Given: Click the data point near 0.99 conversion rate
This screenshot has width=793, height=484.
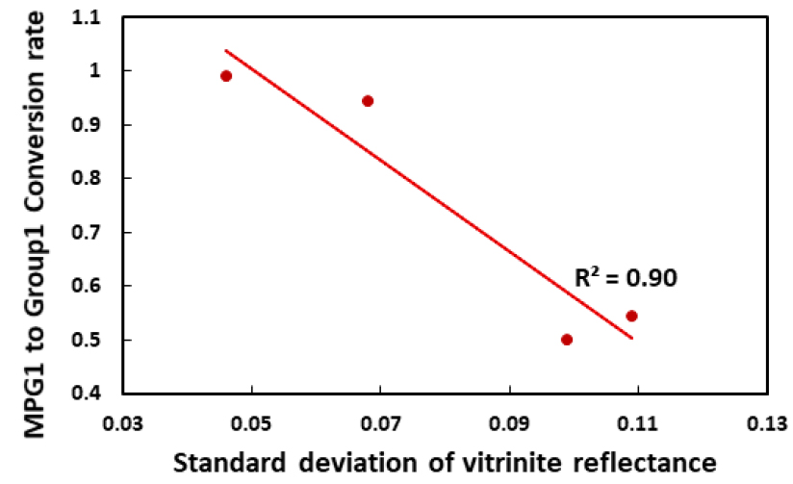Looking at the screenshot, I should click(226, 76).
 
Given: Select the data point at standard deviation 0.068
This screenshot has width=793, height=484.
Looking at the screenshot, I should click(368, 101).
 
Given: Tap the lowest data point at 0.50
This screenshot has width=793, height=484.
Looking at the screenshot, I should click(567, 340).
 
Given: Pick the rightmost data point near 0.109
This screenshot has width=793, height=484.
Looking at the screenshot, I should click(631, 316).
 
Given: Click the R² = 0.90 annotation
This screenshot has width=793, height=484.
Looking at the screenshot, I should click(627, 279).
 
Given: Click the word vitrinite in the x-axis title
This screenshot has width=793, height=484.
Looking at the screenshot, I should click(550, 459).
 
